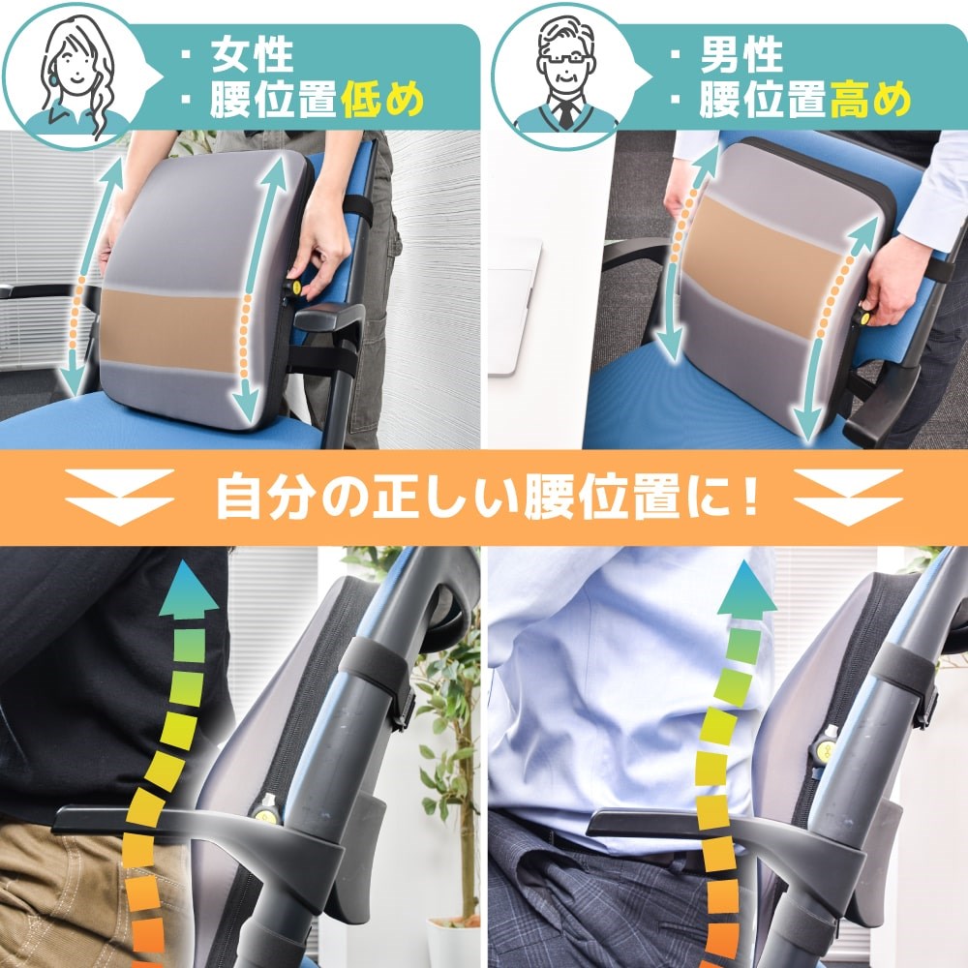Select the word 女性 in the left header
(252, 56)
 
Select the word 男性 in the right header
(741, 56)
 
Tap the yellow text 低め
(382, 100)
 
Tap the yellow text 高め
(871, 100)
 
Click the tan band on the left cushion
(169, 331)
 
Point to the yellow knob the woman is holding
(295, 287)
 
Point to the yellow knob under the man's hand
(862, 318)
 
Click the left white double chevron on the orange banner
(119, 497)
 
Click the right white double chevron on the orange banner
(848, 497)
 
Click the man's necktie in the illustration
(565, 115)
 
